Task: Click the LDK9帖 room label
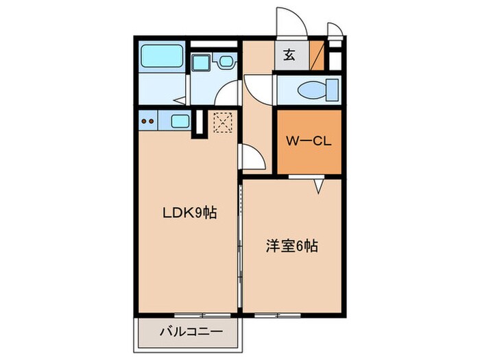(190, 213)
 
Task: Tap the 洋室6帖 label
(291, 245)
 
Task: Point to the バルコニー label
(191, 331)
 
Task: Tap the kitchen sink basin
(180, 122)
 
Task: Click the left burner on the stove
(144, 123)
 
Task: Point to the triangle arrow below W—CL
(319, 185)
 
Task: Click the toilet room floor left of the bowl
(289, 89)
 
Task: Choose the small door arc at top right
(335, 29)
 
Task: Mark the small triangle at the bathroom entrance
(180, 100)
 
